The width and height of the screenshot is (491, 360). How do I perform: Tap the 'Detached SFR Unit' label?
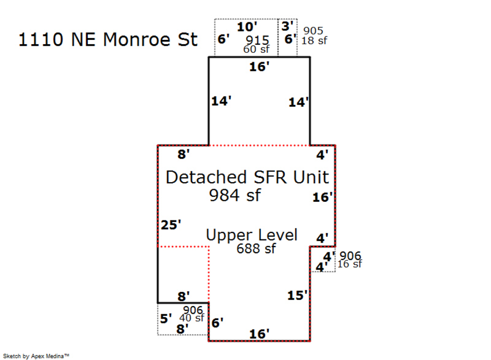[x=247, y=177]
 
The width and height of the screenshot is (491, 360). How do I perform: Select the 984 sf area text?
[x=235, y=195]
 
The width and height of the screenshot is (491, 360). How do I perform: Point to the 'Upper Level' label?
[x=252, y=235]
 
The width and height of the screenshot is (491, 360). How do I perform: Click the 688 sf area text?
[x=256, y=249]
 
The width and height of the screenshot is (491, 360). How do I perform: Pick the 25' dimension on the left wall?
[x=170, y=225]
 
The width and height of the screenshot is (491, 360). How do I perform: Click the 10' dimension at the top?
[x=247, y=26]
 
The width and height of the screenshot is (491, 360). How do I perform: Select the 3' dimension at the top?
[x=287, y=25]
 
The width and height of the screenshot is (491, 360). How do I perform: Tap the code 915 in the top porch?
[x=257, y=40]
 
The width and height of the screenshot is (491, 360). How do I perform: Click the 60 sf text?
[x=256, y=50]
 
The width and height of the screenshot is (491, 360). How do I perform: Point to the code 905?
[x=313, y=31]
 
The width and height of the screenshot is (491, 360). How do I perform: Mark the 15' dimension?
[x=298, y=295]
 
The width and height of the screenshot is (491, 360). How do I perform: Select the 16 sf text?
[x=350, y=265]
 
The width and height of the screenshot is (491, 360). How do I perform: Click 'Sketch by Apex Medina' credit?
[x=37, y=356]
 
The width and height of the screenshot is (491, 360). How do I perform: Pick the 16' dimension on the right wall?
[x=322, y=197]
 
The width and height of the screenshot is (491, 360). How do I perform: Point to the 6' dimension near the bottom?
[x=217, y=322]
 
